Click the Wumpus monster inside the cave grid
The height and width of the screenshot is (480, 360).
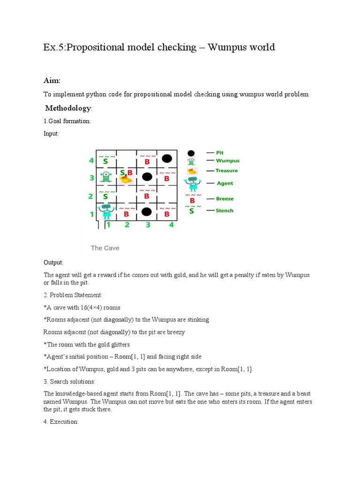click(106, 177)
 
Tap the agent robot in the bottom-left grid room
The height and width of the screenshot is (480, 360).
click(106, 211)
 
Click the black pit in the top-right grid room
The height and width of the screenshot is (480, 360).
click(166, 158)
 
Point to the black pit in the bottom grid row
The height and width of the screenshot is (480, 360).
click(147, 212)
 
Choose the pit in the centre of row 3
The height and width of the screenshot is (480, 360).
click(147, 177)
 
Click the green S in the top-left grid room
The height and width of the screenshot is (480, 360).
click(106, 161)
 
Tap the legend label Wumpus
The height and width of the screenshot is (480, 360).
click(227, 161)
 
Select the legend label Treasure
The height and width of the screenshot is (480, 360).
click(226, 171)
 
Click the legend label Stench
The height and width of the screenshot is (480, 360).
click(224, 210)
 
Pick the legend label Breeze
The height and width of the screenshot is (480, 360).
click(224, 199)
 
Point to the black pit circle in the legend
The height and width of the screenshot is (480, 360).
click(191, 153)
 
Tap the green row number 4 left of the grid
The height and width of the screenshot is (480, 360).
click(91, 161)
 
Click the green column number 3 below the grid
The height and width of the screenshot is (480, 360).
click(148, 225)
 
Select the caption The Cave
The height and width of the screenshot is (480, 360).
click(105, 248)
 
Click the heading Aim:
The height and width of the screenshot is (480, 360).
click(52, 81)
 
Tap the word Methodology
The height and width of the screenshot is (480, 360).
click(67, 108)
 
